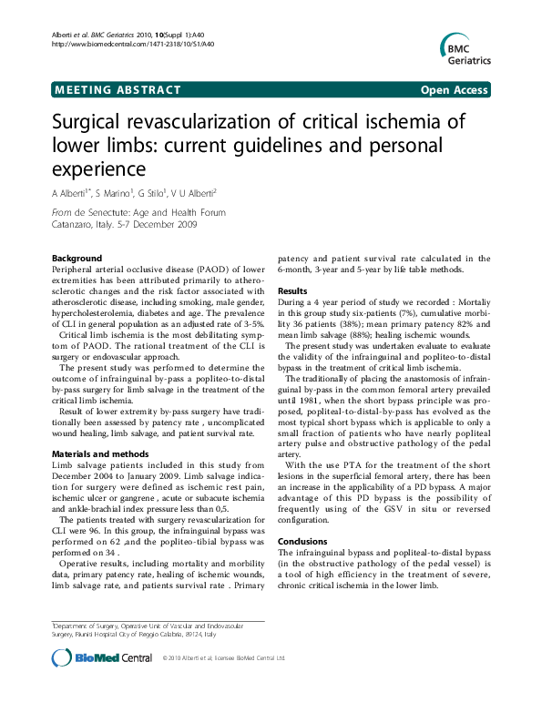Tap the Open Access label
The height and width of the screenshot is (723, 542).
[x=454, y=90]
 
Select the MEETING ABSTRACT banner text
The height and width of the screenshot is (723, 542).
[x=118, y=90]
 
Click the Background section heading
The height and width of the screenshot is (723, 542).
[x=77, y=259]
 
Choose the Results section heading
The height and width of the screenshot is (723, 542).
[x=293, y=290]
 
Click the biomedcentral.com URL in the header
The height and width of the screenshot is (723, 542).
[x=133, y=43]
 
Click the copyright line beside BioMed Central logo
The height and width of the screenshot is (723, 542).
[x=223, y=657]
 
